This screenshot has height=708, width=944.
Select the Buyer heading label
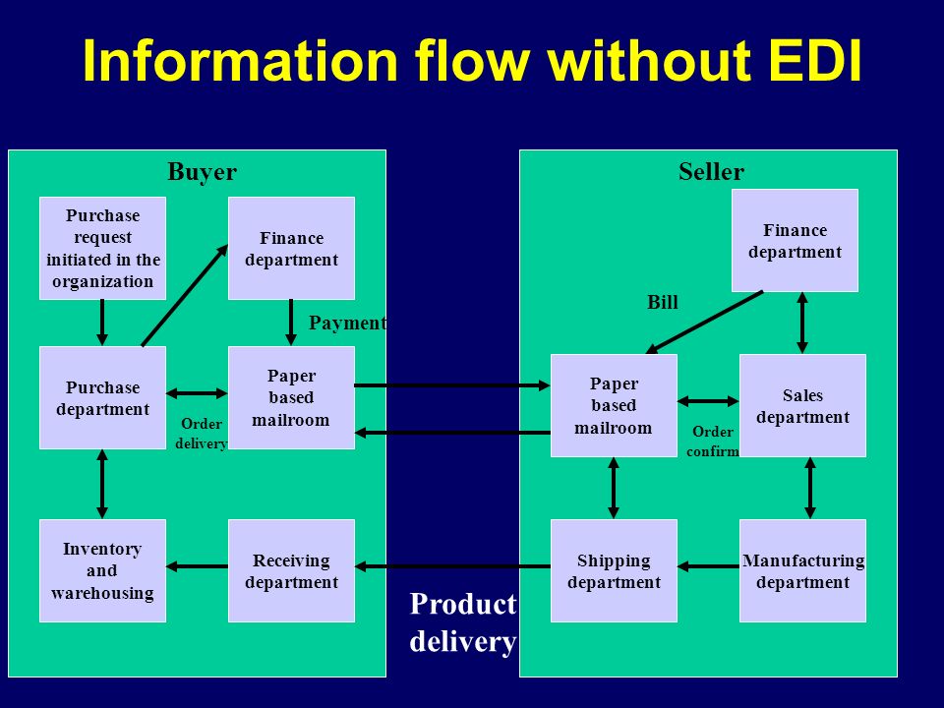[202, 172]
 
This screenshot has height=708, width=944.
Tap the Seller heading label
[711, 172]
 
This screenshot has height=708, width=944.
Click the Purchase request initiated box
[102, 248]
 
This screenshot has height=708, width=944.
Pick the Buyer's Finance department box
[291, 248]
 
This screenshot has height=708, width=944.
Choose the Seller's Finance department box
[795, 240]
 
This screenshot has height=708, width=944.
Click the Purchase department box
[102, 397]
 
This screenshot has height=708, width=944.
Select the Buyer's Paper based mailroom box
[291, 397]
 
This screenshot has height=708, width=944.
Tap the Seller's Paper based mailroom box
[614, 405]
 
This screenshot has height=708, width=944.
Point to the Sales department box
[802, 405]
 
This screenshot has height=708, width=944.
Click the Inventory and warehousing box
[102, 570]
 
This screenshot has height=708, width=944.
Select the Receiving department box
[291, 570]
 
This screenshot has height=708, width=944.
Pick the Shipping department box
[614, 570]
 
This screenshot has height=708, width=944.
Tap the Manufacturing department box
[802, 570]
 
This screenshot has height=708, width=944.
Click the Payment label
[347, 324]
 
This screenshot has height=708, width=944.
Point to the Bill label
[662, 302]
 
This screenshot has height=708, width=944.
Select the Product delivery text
[462, 623]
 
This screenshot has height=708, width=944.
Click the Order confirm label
[712, 442]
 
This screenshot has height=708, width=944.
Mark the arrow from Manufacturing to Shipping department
[708, 566]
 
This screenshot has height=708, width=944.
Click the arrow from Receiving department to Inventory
[197, 566]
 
